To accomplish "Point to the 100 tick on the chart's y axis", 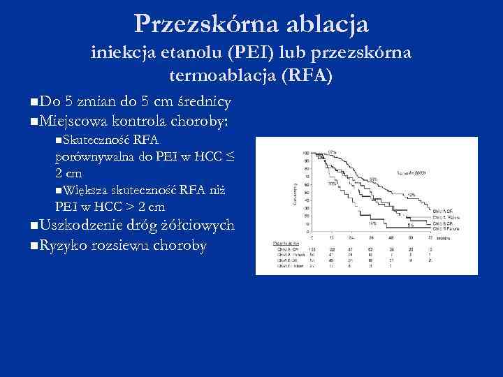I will (x=306, y=152).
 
